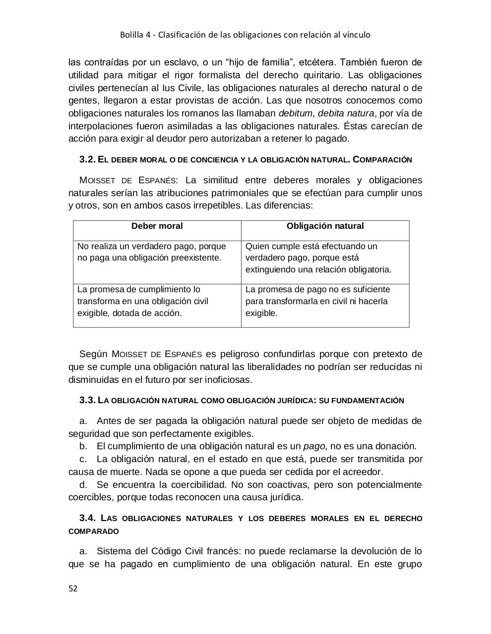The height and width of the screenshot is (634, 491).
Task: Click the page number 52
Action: point(73,588)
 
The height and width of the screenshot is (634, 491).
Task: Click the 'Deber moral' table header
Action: point(157,226)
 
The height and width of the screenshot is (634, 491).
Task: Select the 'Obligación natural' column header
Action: point(325,226)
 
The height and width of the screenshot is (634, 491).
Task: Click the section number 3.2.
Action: point(87,159)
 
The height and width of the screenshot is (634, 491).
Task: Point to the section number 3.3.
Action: point(87,400)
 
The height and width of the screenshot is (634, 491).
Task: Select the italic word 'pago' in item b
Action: point(312,446)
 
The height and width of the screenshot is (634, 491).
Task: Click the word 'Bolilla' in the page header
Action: point(132,35)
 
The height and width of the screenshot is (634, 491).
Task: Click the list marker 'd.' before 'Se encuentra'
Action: point(83,484)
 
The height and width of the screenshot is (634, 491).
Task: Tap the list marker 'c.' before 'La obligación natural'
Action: point(83,459)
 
